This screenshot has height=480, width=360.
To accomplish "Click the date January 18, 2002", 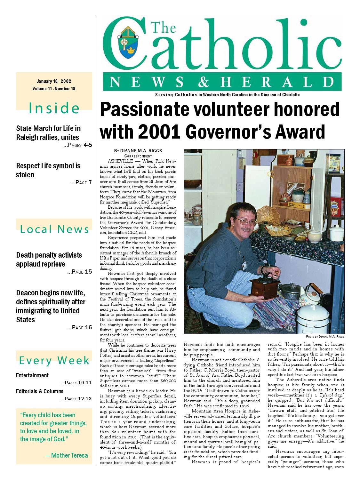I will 54,81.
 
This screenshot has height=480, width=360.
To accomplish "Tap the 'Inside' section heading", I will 54,108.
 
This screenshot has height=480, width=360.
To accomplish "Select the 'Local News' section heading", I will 54,229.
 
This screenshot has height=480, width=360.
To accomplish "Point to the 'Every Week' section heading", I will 54,360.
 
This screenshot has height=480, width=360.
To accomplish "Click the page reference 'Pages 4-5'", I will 78,145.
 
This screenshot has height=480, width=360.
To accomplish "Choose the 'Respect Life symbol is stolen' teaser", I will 48,170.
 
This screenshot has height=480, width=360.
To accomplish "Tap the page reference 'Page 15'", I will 80,272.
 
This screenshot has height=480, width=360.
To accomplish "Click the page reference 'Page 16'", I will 80,327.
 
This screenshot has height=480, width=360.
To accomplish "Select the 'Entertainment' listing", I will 32,375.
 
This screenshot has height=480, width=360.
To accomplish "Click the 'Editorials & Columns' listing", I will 40,391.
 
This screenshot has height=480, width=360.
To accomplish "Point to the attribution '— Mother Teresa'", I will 67,455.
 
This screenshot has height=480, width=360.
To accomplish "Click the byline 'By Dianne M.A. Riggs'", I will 138,151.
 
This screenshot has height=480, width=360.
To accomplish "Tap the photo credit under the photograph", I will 325,337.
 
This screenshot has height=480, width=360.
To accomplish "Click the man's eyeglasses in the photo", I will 245,221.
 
